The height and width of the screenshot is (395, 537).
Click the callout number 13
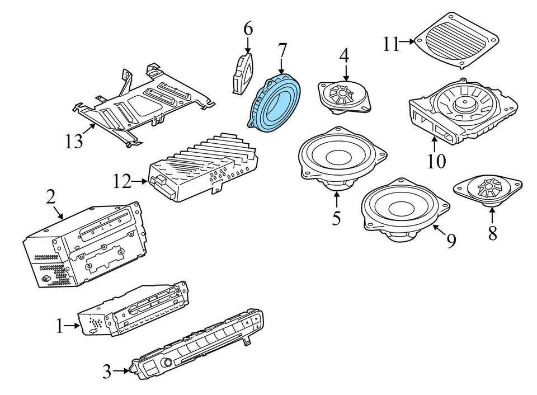73,141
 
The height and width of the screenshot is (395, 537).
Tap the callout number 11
392,43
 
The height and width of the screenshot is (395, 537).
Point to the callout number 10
436,161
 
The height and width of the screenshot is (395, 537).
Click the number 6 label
248,28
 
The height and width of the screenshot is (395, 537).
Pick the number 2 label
50,196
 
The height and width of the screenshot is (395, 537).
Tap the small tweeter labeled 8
488,187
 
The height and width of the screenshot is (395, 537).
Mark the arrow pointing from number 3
121,370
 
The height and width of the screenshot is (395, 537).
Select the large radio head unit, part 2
84,246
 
